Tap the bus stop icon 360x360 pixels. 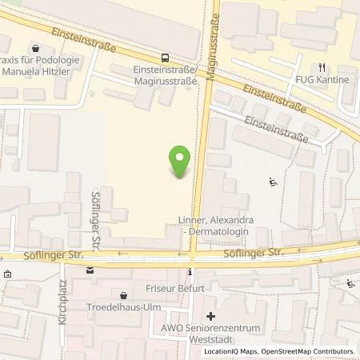click(x=165, y=58)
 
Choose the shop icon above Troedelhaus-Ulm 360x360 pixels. click(x=122, y=294)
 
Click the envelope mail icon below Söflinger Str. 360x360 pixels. click(x=90, y=270)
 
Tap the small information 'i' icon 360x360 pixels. click(x=190, y=270)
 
